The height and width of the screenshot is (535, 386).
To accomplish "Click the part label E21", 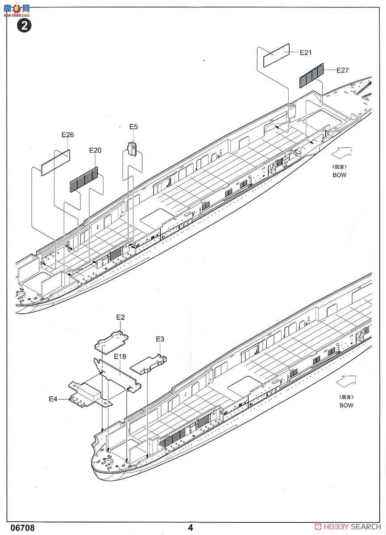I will [x=305, y=53].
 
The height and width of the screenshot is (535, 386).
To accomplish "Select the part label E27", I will [x=342, y=70].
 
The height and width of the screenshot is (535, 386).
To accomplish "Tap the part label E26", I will [x=67, y=135].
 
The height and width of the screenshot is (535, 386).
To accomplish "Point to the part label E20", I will [x=95, y=150].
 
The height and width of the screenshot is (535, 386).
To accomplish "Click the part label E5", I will [x=133, y=127].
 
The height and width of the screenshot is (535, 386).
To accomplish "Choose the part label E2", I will [x=120, y=317].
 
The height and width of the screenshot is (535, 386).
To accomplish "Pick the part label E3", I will [x=160, y=339].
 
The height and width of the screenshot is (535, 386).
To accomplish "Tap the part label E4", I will [x=53, y=399].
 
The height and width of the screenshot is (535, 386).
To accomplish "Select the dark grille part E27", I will [x=311, y=74].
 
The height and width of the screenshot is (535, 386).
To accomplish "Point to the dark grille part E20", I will [x=83, y=179].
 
